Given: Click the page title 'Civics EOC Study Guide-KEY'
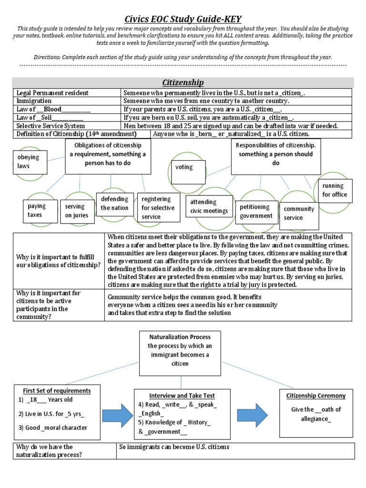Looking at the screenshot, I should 183,19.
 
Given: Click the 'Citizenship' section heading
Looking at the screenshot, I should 183,82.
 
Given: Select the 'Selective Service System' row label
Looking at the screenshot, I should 51,126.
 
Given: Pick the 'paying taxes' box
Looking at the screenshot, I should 37,211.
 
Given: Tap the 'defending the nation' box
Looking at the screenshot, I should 114,203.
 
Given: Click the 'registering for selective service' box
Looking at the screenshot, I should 158,208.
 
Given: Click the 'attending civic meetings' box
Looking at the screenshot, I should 209,207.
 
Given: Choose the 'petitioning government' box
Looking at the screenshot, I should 256,212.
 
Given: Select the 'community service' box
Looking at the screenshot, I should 299,213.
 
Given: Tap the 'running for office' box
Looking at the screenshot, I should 335,190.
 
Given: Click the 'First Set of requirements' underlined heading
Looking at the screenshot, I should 57,391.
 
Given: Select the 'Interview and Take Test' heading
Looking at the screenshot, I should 182,396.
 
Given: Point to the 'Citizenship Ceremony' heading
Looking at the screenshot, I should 316,396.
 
